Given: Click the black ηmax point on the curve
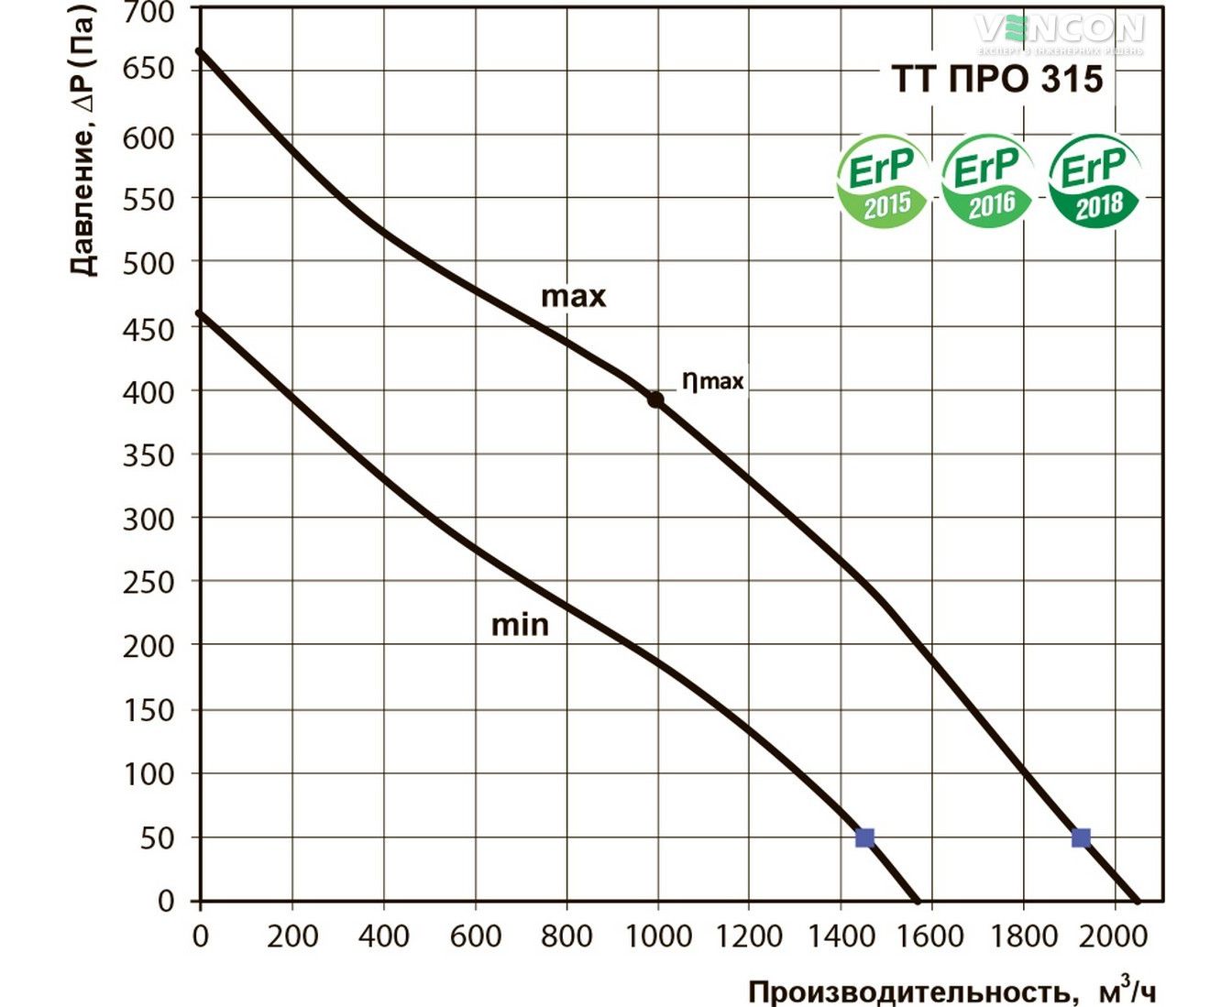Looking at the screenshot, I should coord(655,400).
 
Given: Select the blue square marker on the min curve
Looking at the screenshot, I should coord(864,837).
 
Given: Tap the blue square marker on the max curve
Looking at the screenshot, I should coord(1081,837).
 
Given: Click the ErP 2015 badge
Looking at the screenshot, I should coord(882,181).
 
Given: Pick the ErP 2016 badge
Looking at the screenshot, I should coord(986,181).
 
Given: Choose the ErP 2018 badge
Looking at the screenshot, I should coord(1094,181).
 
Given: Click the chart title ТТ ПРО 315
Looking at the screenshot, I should coord(997,80).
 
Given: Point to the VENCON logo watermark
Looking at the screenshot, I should coord(1060,31).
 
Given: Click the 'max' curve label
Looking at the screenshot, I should coord(574,296).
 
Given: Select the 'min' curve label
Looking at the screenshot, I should coord(520,625).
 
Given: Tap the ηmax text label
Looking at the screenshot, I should coord(712,379).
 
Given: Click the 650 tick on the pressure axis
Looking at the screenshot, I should coord(148,69).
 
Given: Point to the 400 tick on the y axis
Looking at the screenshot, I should coord(148,392).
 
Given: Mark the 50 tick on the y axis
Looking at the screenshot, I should coord(157,837).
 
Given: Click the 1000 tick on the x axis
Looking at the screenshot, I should coord(658,936).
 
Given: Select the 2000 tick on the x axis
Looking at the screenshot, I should coord(1115,936).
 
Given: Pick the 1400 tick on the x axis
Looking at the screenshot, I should coord(841,936).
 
